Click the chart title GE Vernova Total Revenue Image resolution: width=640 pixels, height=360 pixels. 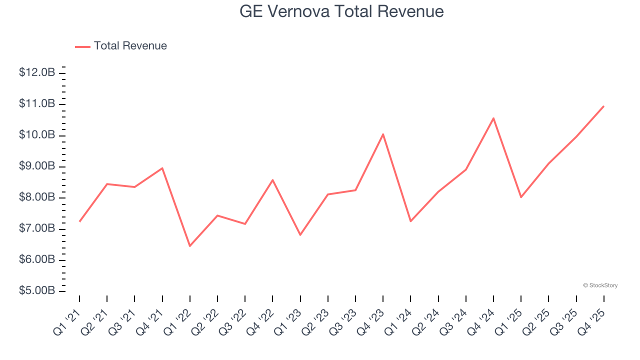[x=341, y=11]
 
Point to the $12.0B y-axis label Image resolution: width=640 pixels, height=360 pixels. [x=37, y=72]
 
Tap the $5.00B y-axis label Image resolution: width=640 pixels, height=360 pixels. [x=37, y=291]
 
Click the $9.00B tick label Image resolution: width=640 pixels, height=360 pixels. [x=37, y=166]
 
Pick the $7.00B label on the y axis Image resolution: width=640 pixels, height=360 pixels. [x=37, y=228]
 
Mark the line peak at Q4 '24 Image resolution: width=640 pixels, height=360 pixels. [x=493, y=118]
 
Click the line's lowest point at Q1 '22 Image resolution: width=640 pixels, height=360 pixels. [x=190, y=246]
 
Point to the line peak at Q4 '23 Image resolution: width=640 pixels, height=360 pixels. [x=383, y=134]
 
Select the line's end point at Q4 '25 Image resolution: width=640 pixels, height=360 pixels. [x=603, y=106]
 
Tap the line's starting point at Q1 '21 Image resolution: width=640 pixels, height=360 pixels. [x=79, y=221]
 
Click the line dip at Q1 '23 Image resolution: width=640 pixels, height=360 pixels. [x=300, y=234]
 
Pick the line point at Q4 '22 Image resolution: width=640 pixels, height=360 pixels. [x=272, y=179]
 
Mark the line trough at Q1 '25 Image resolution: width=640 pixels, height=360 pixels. [x=521, y=197]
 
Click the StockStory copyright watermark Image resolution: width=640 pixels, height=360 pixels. [x=600, y=285]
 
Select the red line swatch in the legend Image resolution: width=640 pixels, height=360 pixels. [x=82, y=46]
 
